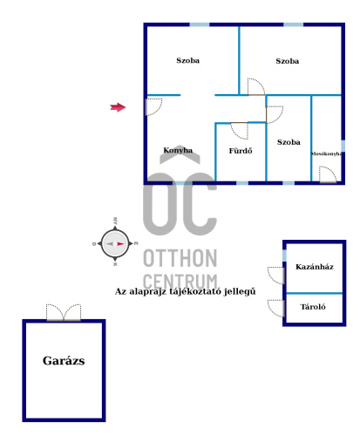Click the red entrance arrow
118,107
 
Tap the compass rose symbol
115,243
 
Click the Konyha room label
178,150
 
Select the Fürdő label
241,151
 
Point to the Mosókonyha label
326,153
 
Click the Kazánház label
315,267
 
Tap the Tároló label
313,307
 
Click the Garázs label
64,361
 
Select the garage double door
64,312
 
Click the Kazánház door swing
275,276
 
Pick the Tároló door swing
275,308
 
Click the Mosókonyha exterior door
328,174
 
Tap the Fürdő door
240,131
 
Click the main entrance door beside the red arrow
153,106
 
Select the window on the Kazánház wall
284,255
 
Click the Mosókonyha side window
343,146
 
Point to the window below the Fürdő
242,183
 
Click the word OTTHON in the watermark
180,258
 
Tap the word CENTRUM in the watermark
180,281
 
